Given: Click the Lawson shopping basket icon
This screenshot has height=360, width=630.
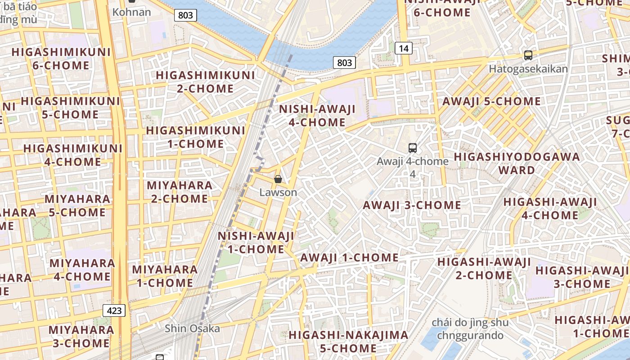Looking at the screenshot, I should (278, 179).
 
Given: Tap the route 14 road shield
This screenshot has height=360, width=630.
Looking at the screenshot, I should (404, 48).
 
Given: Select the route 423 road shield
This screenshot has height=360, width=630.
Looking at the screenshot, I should (114, 310).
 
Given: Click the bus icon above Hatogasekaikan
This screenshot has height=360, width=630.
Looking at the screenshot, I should (528, 55).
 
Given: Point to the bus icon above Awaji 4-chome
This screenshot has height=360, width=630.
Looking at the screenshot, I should (412, 148).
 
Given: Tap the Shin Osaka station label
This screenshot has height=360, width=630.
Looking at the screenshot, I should (192, 328).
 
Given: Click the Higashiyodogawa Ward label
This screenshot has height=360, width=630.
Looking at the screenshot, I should (517, 163).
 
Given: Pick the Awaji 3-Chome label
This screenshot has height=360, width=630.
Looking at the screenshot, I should (412, 205).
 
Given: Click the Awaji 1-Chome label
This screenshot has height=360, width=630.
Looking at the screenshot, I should (349, 258).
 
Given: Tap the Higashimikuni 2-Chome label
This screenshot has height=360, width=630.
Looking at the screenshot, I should (205, 81).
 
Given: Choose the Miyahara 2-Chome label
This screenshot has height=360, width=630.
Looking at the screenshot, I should (179, 192).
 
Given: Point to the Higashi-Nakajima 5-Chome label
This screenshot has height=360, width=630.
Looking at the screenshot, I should (348, 342).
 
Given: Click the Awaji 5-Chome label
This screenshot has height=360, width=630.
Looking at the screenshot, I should (491, 101).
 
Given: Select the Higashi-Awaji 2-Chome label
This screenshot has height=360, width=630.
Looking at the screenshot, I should (484, 268).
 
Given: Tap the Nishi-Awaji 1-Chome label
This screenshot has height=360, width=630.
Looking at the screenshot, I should (256, 243).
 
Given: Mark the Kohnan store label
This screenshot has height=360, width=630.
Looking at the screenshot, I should (131, 12).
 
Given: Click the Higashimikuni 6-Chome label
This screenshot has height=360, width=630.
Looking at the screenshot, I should (61, 58).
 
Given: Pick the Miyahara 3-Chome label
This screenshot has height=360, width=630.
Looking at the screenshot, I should (81, 336).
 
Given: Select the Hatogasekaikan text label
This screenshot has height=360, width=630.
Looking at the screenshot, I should (528, 69).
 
